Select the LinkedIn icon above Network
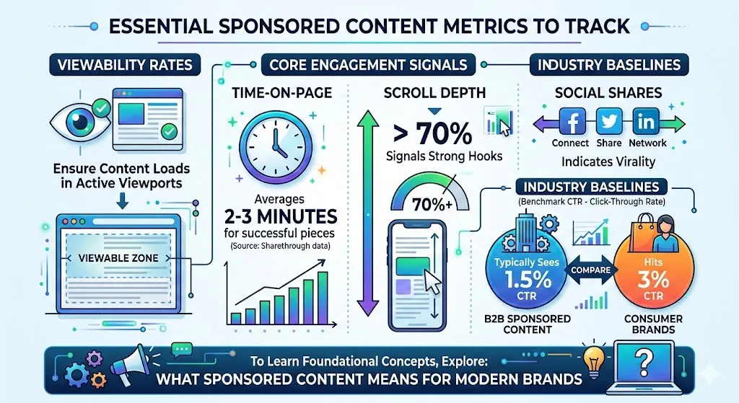coord(646,122)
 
